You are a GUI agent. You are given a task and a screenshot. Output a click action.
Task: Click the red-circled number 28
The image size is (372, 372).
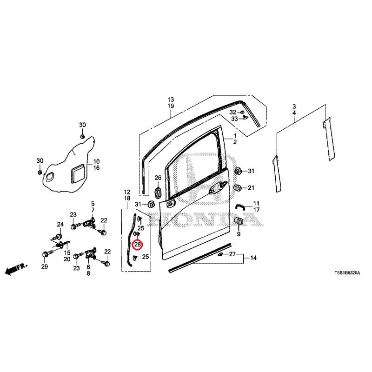pyautogui.click(x=138, y=245)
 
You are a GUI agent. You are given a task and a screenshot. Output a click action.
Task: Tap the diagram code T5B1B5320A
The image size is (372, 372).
pyautogui.click(x=347, y=273)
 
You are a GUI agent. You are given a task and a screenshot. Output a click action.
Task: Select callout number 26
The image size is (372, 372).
pyautogui.click(x=158, y=178)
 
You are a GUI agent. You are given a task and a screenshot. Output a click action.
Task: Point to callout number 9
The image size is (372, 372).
pyautogui.click(x=239, y=234)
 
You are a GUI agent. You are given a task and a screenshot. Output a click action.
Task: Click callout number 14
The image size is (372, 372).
pyautogui.click(x=253, y=258)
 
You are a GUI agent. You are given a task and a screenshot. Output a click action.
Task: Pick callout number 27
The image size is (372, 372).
pyautogui.click(x=232, y=254)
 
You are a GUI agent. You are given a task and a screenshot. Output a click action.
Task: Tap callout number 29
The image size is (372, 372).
pyautogui.click(x=45, y=266)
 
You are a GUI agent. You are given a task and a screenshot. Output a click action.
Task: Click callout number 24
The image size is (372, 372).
pyautogui.click(x=60, y=224)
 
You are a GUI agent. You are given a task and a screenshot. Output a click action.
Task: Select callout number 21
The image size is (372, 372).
pyautogui.click(x=251, y=188)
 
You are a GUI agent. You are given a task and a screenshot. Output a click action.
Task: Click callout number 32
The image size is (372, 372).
pyautogui.click(x=233, y=112)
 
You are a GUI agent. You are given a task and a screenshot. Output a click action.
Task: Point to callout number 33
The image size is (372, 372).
pyautogui.click(x=234, y=119)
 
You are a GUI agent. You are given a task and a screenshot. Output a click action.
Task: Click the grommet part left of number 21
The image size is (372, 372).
pyautogui.click(x=238, y=188)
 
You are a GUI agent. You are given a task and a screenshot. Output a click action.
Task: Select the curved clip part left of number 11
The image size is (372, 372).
pyautogui.click(x=240, y=206)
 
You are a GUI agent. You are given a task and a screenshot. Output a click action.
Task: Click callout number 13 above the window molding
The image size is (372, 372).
pyautogui.click(x=171, y=100)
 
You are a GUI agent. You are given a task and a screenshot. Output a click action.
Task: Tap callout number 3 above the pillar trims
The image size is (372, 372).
pyautogui.click(x=294, y=106)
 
